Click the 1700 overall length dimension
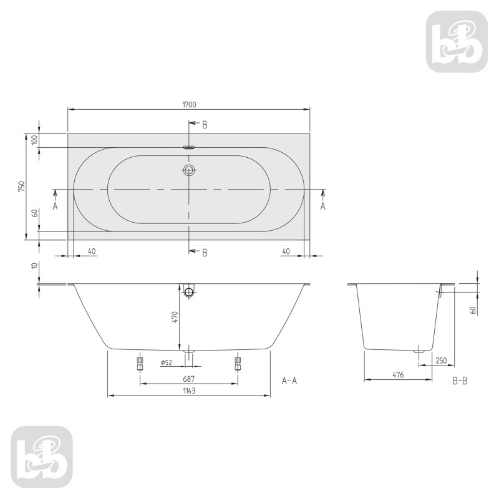190,104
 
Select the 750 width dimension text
21,186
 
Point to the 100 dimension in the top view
35,140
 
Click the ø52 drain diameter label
166,362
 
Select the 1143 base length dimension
189,390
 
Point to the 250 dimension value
441,361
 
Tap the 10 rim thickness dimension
35,266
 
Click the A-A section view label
289,380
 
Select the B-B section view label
460,380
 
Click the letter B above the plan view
205,125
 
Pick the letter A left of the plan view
55,206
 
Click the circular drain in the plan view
190,169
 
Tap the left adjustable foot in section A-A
140,364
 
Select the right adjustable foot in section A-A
237,364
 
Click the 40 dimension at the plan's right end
286,251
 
